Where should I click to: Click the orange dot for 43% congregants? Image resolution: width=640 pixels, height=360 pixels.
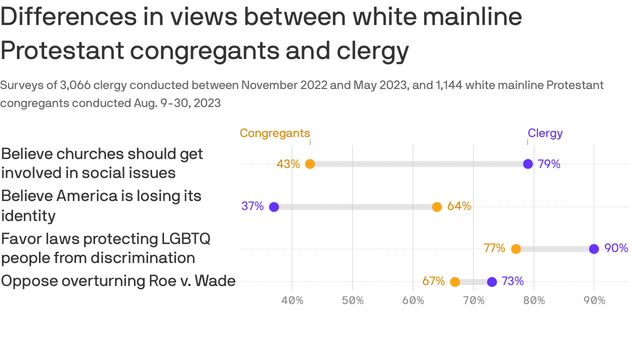click(x=310, y=164)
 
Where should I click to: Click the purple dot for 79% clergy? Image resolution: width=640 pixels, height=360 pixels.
click(x=528, y=164)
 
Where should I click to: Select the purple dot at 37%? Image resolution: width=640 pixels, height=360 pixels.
click(x=274, y=207)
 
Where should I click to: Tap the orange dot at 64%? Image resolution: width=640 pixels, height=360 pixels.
click(x=437, y=207)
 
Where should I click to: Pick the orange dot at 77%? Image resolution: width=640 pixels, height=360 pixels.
click(x=516, y=249)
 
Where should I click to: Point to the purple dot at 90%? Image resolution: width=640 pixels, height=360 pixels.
click(x=594, y=249)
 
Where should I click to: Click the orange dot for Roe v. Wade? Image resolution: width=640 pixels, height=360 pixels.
click(x=455, y=282)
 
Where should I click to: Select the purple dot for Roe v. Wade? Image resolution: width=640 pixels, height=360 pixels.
click(x=491, y=282)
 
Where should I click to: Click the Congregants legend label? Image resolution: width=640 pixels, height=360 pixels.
click(x=275, y=133)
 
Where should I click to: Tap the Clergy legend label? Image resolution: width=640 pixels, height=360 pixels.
click(x=545, y=133)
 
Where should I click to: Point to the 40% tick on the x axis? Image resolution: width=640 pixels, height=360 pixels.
click(x=292, y=300)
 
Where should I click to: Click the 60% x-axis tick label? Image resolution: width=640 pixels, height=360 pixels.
click(x=413, y=300)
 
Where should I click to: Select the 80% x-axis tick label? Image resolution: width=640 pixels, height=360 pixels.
click(x=534, y=300)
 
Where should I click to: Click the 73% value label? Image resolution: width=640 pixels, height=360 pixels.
click(x=513, y=281)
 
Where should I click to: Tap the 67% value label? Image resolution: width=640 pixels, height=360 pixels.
click(x=433, y=281)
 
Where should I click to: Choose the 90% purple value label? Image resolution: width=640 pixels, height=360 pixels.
click(x=616, y=248)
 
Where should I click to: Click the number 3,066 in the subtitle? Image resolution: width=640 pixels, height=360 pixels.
click(x=75, y=85)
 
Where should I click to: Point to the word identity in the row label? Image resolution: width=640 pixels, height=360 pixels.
click(x=28, y=216)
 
